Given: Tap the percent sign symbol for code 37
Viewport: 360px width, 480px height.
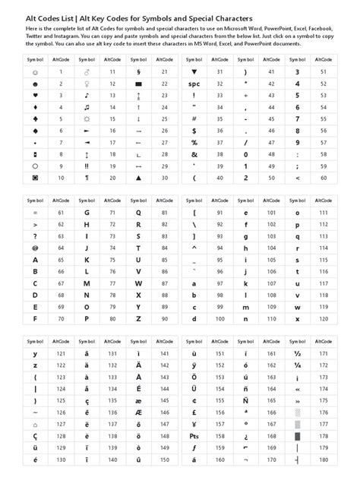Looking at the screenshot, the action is point(194,142).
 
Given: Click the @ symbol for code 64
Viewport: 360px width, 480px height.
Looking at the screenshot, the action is point(36,248).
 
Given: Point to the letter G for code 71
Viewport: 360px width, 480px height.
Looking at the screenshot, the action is point(87,213).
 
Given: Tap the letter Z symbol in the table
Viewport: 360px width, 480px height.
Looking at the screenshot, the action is point(139,318).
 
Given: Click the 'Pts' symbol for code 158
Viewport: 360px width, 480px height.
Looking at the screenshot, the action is point(194,437).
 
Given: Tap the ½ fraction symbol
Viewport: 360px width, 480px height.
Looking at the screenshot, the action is point(298,354).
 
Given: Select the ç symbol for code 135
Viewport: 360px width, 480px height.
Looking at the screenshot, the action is point(87,401).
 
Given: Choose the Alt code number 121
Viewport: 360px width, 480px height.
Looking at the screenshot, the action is point(61,354).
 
